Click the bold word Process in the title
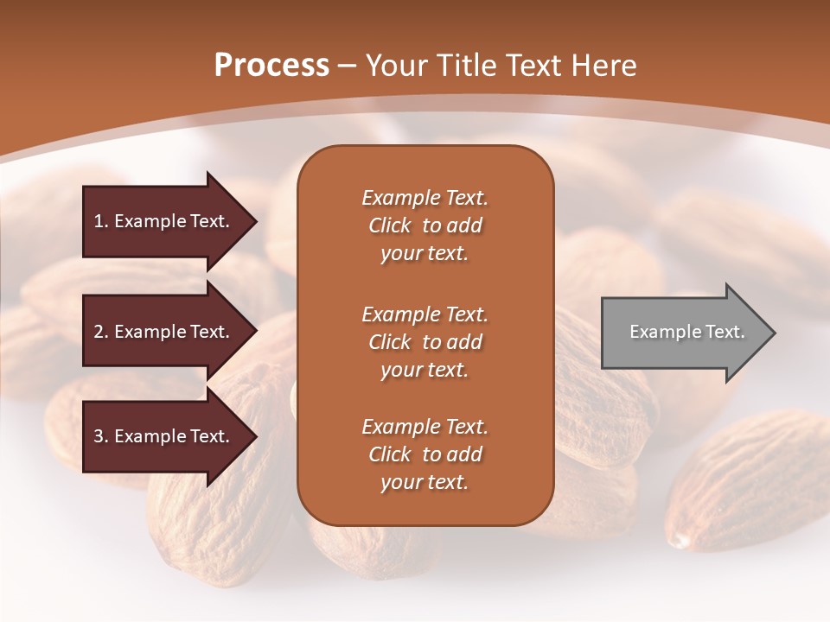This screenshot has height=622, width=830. pyautogui.click(x=271, y=66)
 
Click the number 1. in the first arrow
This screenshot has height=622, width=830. pyautogui.click(x=101, y=221)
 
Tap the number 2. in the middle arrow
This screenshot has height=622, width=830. pyautogui.click(x=101, y=332)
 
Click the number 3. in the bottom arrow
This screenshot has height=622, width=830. pyautogui.click(x=101, y=436)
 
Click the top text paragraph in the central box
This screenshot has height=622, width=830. pyautogui.click(x=425, y=225)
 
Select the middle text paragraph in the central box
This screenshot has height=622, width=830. pyautogui.click(x=425, y=342)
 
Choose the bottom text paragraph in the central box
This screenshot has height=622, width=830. pyautogui.click(x=425, y=454)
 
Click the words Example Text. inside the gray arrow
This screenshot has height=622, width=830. pyautogui.click(x=687, y=332)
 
